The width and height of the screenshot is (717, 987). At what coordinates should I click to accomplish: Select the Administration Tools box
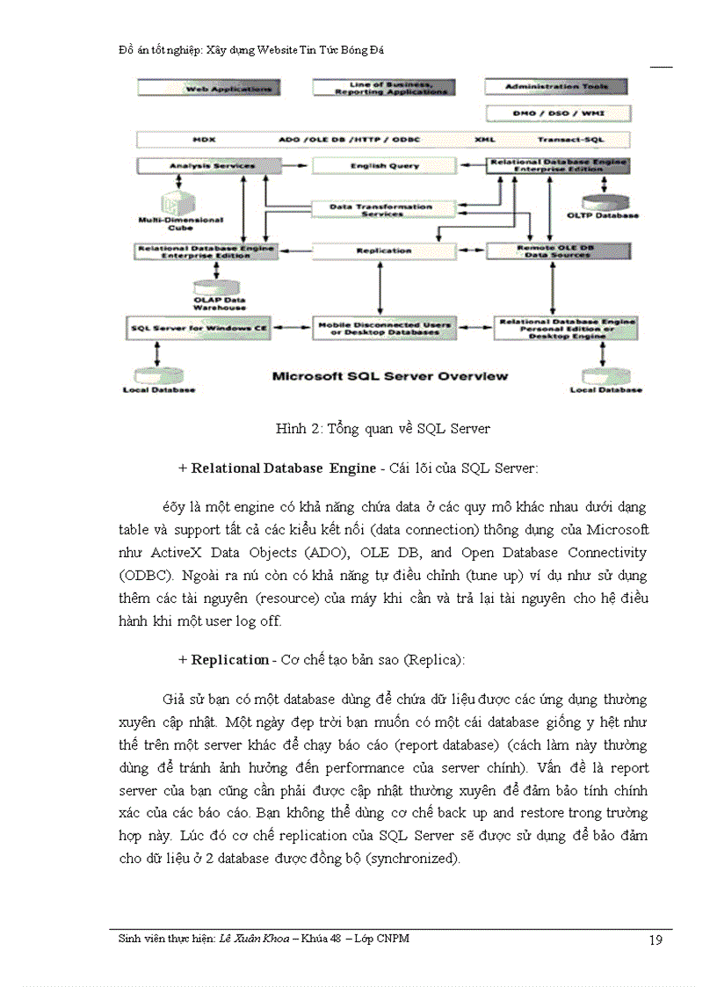557,87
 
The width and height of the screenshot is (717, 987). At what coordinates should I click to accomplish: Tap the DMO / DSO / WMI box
558,113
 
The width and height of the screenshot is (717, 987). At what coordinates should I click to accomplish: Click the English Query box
385,165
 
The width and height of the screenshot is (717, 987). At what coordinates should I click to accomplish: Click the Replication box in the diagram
385,250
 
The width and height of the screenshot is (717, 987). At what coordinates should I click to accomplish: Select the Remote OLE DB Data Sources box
562,250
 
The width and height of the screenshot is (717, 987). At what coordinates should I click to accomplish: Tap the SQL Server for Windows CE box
199,329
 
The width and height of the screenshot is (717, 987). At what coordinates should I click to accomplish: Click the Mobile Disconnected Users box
385,329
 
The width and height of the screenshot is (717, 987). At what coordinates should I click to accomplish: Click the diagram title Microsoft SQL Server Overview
390,376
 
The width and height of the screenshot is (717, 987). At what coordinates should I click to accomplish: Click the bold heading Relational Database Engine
272,468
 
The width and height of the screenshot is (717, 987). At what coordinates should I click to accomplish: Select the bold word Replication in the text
230,660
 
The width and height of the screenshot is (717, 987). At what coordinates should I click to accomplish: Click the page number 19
655,940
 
